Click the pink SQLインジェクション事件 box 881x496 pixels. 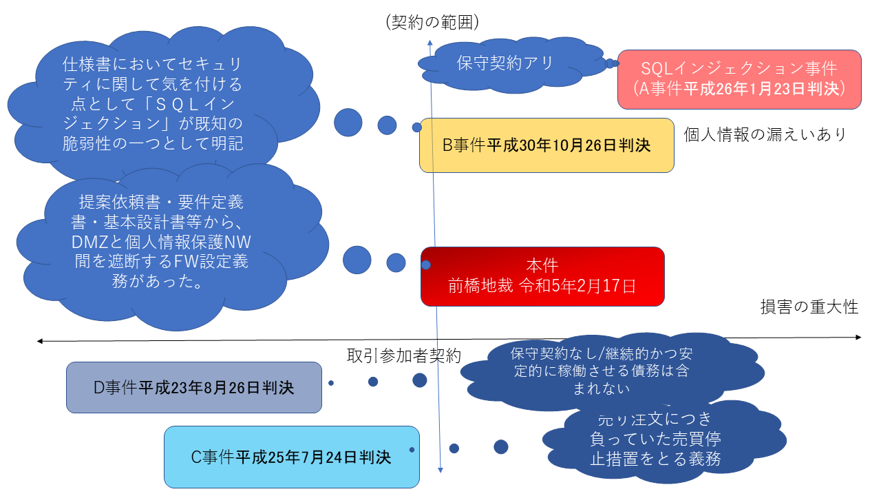[x=739, y=79]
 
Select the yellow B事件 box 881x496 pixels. [x=546, y=145]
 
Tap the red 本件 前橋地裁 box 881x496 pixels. [x=542, y=276]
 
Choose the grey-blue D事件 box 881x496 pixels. [x=194, y=387]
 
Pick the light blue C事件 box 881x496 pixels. [x=291, y=457]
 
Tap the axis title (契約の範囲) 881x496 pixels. [x=432, y=22]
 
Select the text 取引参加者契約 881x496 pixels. [x=404, y=355]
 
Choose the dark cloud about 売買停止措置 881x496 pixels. [x=655, y=438]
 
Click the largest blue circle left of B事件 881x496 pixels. [x=348, y=123]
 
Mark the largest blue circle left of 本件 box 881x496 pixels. [x=357, y=259]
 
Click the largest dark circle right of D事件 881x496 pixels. [x=420, y=380]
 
